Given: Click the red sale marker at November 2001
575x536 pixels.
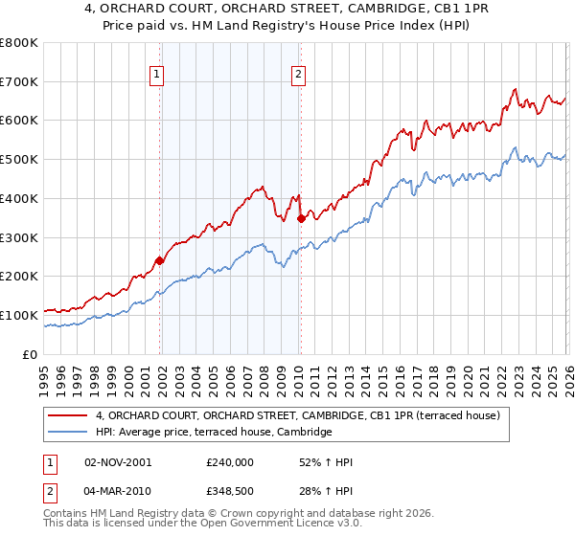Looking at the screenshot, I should (160, 259).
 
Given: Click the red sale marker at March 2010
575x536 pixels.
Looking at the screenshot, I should (300, 218).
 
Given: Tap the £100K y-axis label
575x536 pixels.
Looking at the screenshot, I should (19, 314).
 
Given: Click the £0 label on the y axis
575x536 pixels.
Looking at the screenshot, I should (31, 353).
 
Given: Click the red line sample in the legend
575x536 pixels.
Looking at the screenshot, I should (69, 415).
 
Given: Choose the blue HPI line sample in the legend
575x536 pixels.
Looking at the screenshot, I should (69, 433).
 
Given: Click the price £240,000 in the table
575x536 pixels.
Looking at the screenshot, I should (229, 462).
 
